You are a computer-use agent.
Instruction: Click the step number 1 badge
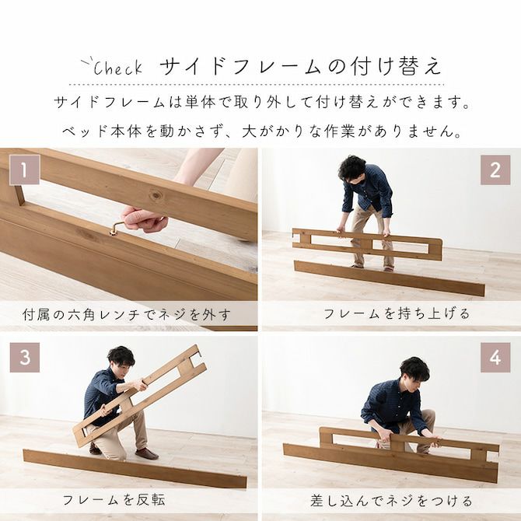[25, 170]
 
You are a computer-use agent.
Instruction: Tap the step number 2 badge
[495, 170]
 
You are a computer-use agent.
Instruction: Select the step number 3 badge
[25, 358]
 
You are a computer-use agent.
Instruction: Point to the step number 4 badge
[495, 358]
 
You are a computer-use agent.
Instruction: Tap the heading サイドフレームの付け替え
[301, 67]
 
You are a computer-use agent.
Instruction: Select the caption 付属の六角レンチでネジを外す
[127, 315]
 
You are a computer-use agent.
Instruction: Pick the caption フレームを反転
[114, 500]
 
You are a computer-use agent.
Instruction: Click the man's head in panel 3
[121, 360]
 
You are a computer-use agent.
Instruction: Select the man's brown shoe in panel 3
[146, 453]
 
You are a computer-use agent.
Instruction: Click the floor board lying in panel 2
[389, 278]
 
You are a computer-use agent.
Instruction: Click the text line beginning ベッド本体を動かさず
[260, 131]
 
